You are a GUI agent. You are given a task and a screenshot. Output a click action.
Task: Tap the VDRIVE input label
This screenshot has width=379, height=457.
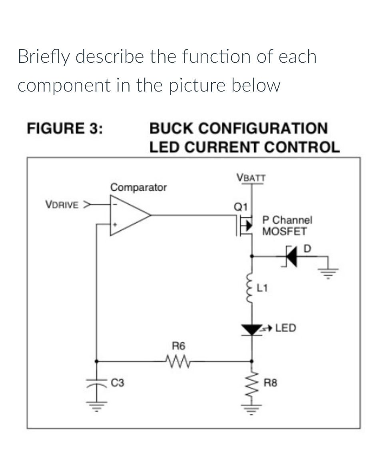[62, 205]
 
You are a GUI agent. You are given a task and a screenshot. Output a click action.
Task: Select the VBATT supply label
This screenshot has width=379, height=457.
[251, 177]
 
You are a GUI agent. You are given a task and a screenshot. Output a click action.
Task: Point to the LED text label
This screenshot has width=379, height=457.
[285, 328]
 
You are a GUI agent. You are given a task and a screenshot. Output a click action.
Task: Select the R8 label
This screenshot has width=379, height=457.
[271, 383]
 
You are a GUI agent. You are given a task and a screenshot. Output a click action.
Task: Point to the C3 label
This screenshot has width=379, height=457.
[117, 383]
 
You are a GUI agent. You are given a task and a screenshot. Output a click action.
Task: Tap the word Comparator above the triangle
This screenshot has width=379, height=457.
[138, 187]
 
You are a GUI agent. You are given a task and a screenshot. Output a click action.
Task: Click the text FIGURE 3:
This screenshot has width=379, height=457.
[64, 129]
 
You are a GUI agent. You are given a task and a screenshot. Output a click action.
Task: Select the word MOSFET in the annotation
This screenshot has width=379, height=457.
[284, 231]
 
